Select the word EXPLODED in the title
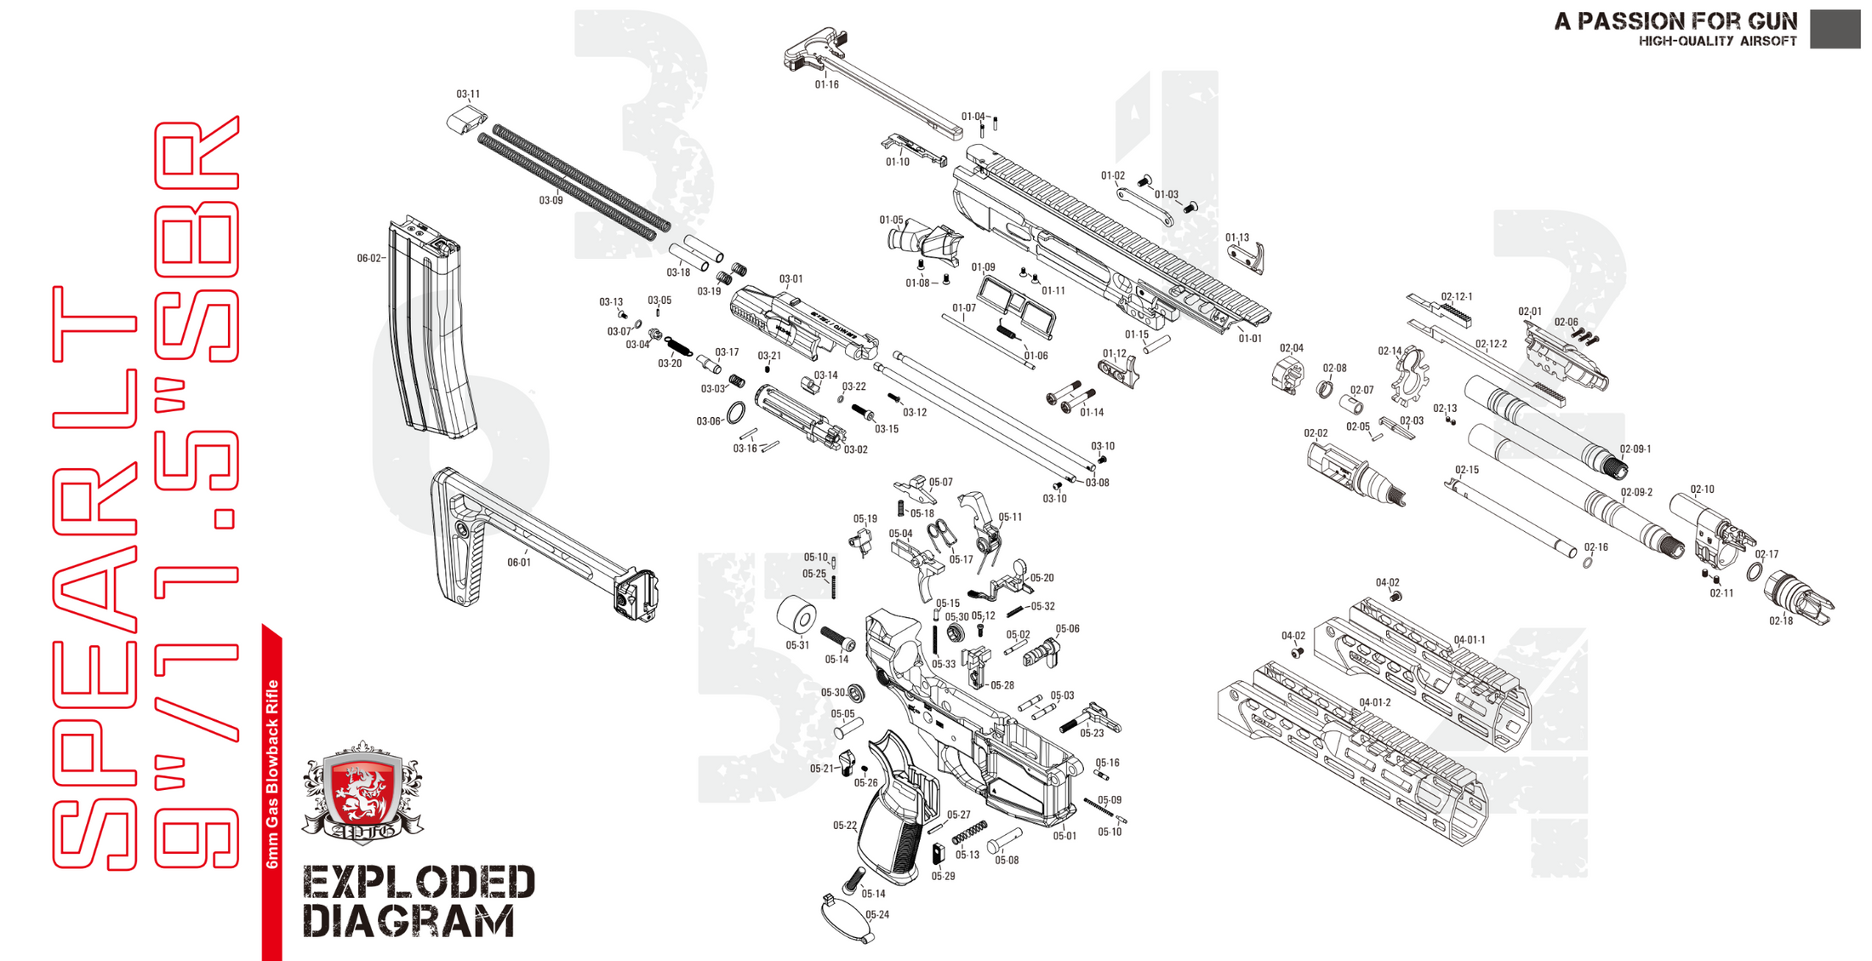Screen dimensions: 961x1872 (419, 883)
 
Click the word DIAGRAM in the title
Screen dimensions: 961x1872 (408, 923)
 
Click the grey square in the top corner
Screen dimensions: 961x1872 (1835, 28)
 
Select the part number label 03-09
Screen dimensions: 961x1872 (551, 201)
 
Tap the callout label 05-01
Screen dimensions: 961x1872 (1064, 836)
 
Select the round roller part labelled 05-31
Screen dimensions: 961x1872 (796, 615)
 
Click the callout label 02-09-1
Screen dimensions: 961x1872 (1635, 449)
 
